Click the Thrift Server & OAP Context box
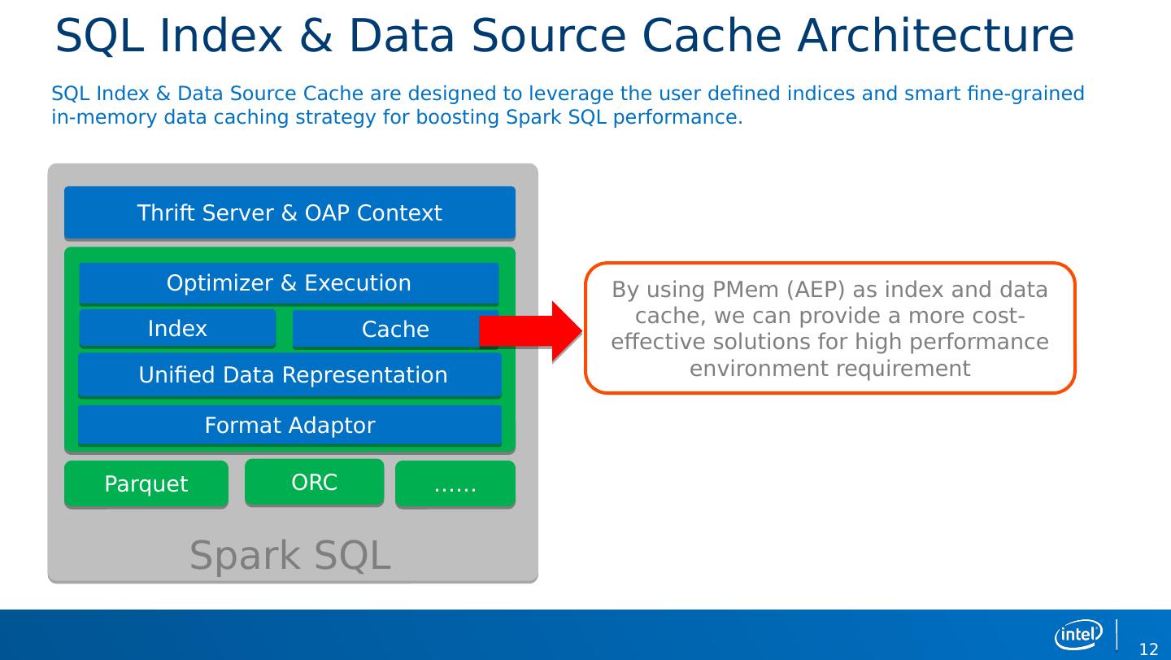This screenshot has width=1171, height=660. [x=289, y=213]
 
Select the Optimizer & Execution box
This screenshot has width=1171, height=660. [x=289, y=283]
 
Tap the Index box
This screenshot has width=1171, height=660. [x=177, y=329]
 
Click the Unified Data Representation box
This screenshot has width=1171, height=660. [x=289, y=375]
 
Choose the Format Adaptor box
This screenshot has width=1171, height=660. [x=289, y=426]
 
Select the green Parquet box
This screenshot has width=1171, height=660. [x=146, y=484]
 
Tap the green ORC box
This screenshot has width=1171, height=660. [x=314, y=483]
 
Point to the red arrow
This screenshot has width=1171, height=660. [x=533, y=331]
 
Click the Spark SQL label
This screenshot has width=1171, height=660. [x=290, y=556]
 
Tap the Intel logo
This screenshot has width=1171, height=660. [x=1078, y=634]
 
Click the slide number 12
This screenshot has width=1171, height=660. [x=1148, y=649]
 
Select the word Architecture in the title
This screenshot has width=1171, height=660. [x=935, y=37]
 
